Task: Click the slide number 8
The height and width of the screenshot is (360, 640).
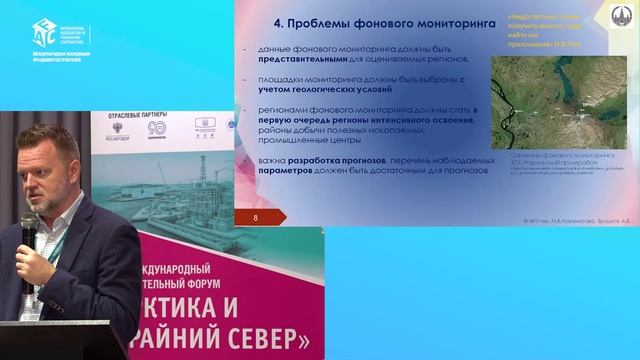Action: pos(257,216)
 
